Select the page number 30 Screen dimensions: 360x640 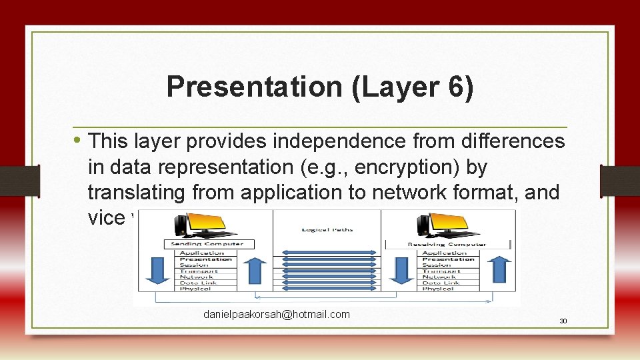coord(563,321)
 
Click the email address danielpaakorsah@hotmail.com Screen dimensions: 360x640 coord(276,314)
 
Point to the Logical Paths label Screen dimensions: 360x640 coord(327,229)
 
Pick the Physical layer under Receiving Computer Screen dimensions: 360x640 coord(438,289)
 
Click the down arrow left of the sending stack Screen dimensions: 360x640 coord(155,271)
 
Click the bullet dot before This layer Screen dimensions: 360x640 coord(78,141)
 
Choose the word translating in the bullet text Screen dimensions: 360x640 coord(137,193)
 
